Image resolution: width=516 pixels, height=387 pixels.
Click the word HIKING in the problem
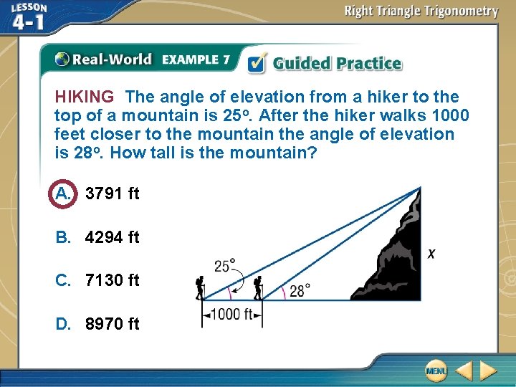tap(84, 97)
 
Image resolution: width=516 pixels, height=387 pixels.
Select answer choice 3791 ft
tap(112, 193)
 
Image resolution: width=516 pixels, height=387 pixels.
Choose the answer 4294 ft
tap(112, 237)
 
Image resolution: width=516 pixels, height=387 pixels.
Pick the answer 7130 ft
tap(112, 280)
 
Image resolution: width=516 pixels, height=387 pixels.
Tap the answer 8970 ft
tap(112, 324)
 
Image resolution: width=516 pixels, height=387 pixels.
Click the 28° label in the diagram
tap(300, 290)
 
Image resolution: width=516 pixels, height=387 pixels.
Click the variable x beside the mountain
tap(431, 254)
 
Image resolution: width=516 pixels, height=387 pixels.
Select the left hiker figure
tap(200, 287)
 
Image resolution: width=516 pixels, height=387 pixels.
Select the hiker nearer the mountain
tap(257, 287)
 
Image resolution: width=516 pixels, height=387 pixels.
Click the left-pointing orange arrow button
tap(464, 371)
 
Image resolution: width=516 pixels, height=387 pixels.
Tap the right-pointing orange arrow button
tap(488, 371)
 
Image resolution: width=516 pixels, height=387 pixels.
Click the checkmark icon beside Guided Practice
tap(256, 63)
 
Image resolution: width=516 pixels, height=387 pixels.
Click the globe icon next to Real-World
tap(62, 59)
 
